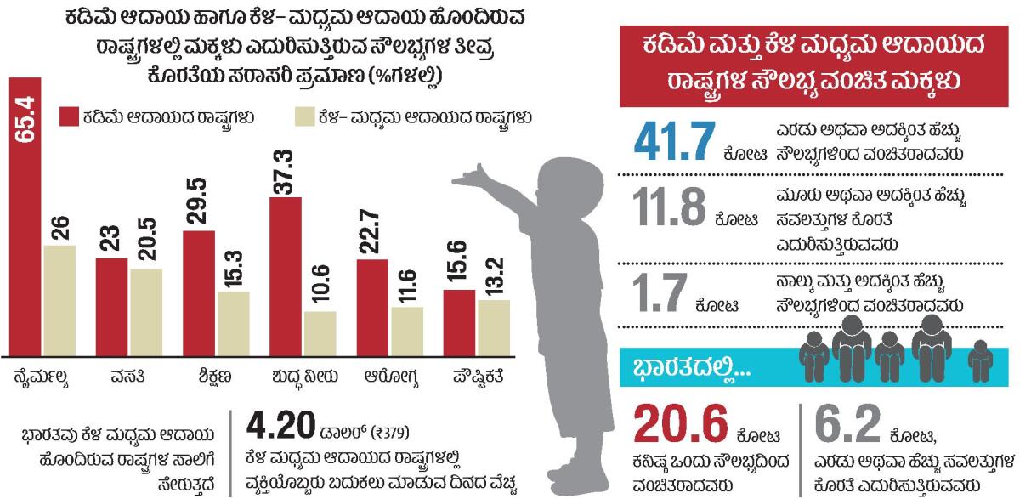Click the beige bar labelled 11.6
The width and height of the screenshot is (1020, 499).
[406, 332]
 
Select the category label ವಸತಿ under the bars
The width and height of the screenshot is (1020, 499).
[127, 374]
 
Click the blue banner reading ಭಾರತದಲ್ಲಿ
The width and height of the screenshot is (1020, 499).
[680, 367]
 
